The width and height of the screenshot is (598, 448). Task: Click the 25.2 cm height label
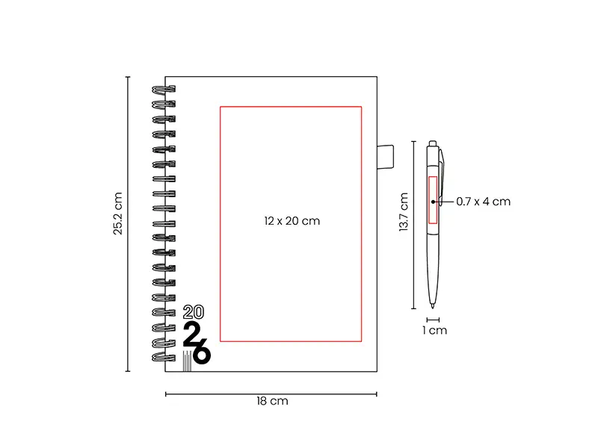coord(118,214)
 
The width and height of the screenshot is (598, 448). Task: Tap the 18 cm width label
coord(272,401)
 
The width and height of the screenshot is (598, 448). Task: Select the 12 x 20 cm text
coord(292,221)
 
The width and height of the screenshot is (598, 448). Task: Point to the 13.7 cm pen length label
coord(404,212)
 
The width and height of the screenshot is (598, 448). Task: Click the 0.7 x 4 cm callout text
coord(483,202)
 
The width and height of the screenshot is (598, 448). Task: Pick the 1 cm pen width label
coord(435,330)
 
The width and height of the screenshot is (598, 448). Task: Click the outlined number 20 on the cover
coord(194,312)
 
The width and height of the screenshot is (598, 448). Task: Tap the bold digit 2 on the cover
coord(192,335)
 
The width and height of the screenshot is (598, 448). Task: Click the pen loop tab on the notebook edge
coord(385,157)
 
